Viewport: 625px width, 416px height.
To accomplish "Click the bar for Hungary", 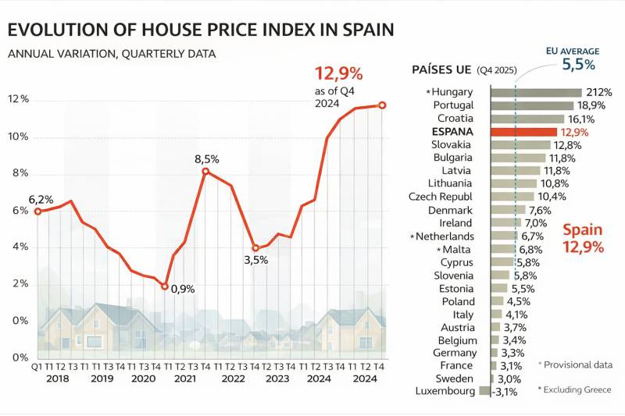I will (x=536, y=92).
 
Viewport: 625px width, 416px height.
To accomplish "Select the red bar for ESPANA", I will (x=523, y=132).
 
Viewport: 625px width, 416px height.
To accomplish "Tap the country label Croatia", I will (x=455, y=119).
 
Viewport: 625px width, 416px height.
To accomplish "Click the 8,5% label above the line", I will (x=207, y=159).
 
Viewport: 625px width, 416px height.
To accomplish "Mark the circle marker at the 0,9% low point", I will (x=164, y=286).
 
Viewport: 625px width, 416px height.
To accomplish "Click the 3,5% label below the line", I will (x=255, y=260).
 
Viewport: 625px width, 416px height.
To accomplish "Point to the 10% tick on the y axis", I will (x=18, y=137).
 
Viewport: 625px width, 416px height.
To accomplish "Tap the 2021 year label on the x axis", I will (x=184, y=379).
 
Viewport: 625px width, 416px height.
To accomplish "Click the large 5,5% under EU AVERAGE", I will (x=578, y=65).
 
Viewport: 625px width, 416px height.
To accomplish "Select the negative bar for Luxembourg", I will (x=484, y=390).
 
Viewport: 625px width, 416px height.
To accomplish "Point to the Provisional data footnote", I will (x=576, y=364).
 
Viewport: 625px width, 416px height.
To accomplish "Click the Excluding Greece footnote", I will (x=576, y=389).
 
